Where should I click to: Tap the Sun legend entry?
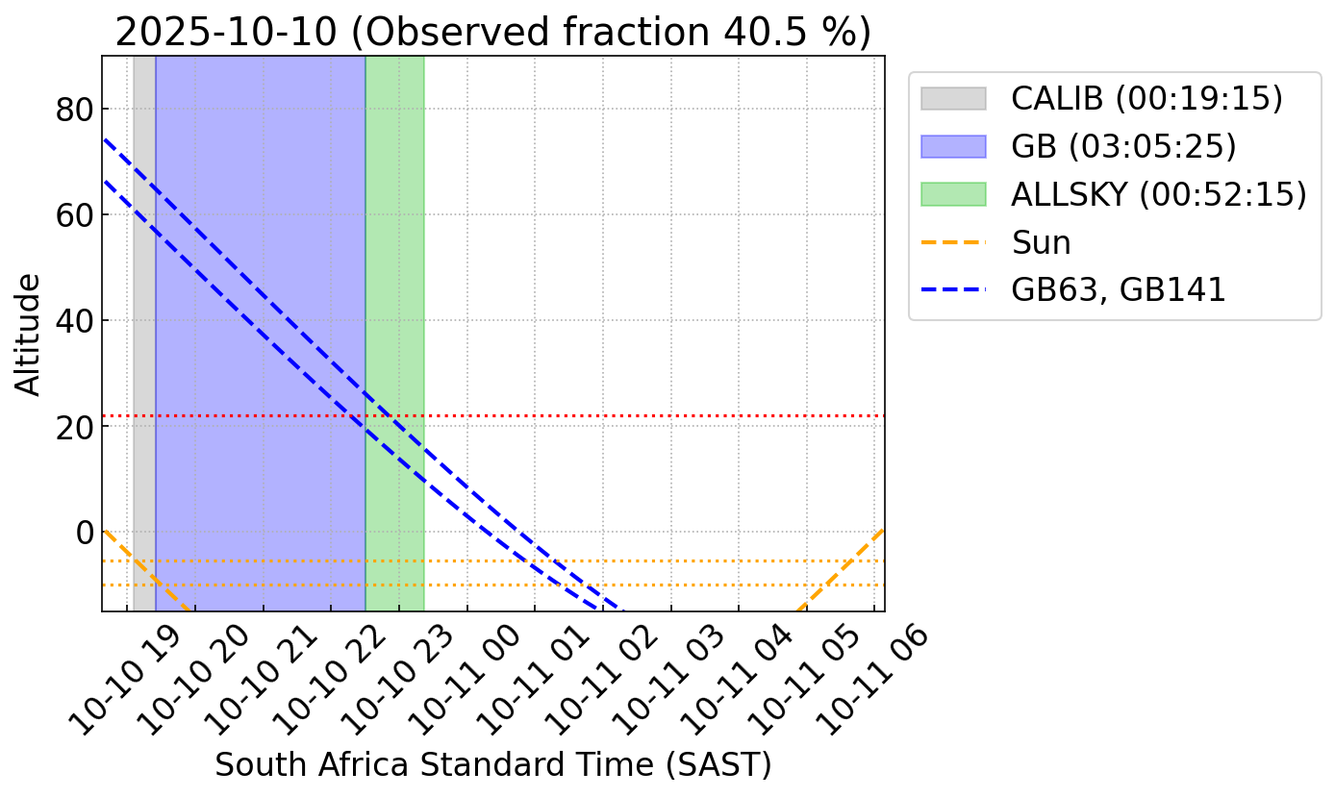click(1041, 242)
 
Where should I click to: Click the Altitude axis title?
click(30, 334)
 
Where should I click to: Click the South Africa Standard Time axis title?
click(492, 765)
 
